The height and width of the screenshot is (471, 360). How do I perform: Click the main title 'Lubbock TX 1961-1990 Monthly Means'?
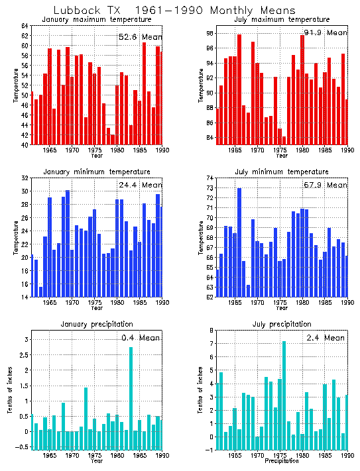click(180, 10)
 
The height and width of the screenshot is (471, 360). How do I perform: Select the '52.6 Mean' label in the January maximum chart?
click(140, 36)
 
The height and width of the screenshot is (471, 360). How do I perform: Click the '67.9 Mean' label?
click(324, 185)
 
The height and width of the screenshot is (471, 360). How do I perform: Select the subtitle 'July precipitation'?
click(273, 324)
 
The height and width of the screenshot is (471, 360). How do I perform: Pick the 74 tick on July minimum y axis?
click(208, 178)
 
